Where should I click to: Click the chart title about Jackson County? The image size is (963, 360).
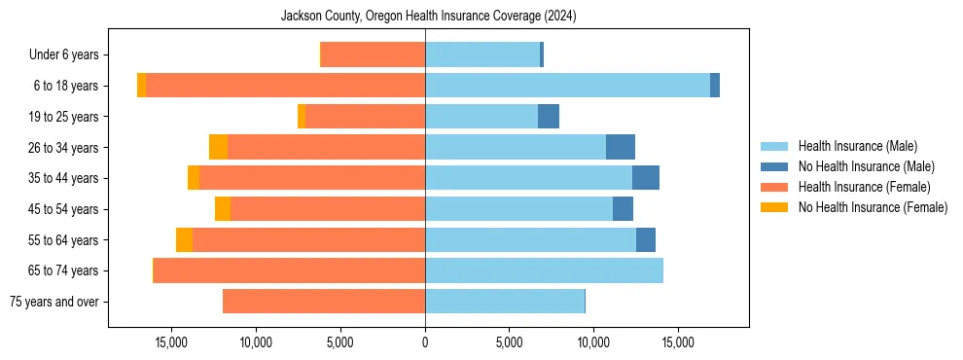pos(429,16)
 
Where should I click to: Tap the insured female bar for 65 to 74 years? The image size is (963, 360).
pos(289,270)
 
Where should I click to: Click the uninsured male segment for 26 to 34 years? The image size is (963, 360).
pos(620,147)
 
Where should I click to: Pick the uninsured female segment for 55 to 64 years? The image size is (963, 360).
pos(184,239)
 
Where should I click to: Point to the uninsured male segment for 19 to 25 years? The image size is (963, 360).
pos(549,117)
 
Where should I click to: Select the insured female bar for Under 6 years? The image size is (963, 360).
pos(373,55)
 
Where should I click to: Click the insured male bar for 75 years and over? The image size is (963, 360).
pos(505,302)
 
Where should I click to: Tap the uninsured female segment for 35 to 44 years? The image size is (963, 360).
pos(194,178)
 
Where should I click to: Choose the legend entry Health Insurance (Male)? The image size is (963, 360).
pos(857,146)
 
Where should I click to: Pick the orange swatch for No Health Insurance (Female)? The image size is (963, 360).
pos(774,207)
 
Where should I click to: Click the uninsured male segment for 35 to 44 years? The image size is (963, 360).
pos(645,178)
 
